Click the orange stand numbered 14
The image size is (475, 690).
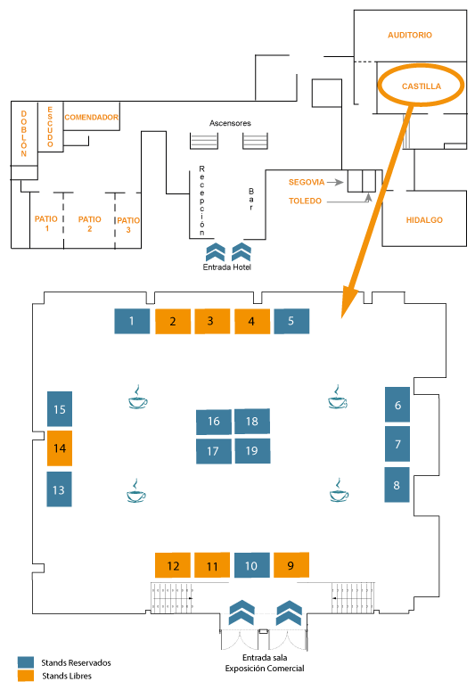60,448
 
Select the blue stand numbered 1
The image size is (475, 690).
132,321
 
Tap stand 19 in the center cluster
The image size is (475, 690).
252,450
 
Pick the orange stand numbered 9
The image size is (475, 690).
291,565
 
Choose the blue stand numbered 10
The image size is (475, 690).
251,565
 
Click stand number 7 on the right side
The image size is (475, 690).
397,444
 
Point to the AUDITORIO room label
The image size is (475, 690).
409,35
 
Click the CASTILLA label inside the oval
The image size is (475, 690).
422,86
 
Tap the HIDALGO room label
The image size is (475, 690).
424,220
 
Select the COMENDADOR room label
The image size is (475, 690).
92,117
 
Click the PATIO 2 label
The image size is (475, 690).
89,224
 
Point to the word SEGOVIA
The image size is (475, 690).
306,182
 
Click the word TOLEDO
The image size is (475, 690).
305,201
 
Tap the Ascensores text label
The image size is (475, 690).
230,123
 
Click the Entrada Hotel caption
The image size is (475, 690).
227,267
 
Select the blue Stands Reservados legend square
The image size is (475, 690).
26,662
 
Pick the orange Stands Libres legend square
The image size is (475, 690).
26,676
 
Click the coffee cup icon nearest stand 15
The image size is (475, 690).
137,397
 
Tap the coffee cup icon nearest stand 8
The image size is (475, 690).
339,490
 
